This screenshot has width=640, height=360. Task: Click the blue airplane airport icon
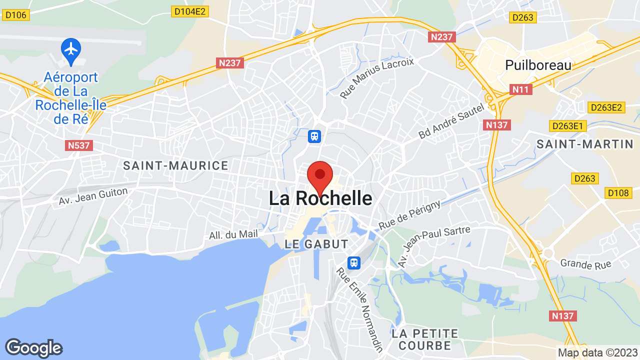tap(71, 49)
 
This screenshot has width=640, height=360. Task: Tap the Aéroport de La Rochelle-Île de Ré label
tap(71, 98)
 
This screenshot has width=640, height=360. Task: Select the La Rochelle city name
tap(320, 198)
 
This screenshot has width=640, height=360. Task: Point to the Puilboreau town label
tap(538, 65)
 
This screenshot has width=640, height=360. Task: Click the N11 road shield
tap(521, 89)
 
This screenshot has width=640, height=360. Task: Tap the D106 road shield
tap(15, 15)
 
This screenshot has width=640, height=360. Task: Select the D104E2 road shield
tap(190, 11)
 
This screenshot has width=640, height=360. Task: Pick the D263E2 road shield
tap(606, 107)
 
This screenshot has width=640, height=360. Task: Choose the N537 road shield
tap(79, 145)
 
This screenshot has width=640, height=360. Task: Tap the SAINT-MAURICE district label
tap(175, 165)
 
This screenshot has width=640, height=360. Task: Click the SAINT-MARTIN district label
tap(585, 144)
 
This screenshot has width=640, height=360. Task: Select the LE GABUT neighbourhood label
tap(316, 244)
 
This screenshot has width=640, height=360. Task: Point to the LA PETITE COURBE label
tap(425, 339)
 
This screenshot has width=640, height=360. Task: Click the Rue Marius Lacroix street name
tap(377, 77)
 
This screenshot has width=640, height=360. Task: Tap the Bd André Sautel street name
tap(451, 121)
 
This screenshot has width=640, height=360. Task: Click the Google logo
tap(33, 348)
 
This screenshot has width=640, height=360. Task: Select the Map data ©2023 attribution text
tap(597, 352)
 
